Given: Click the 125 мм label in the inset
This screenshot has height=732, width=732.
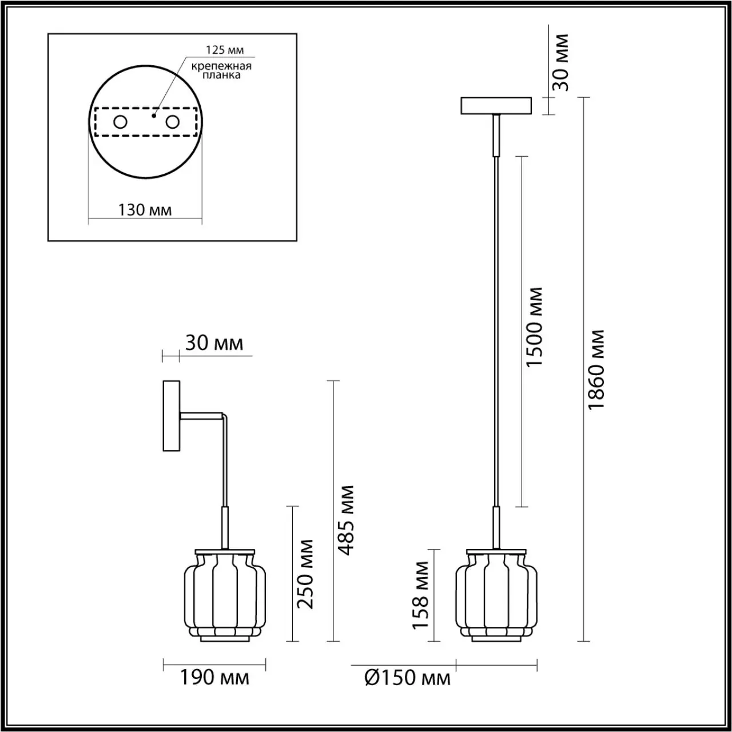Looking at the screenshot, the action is pyautogui.click(x=225, y=50).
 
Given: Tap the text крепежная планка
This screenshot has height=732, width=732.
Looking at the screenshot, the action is pyautogui.click(x=221, y=70).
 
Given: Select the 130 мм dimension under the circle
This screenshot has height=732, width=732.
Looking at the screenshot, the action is pyautogui.click(x=145, y=210).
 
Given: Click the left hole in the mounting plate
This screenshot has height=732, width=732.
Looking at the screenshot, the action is pyautogui.click(x=120, y=122).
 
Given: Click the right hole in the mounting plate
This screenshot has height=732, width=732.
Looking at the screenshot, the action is pyautogui.click(x=172, y=122).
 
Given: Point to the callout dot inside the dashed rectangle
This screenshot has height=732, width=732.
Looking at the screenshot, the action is pyautogui.click(x=154, y=115).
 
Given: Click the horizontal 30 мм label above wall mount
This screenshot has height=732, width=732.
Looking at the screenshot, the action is pyautogui.click(x=214, y=343).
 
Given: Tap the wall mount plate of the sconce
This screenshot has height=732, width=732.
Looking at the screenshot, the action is pyautogui.click(x=172, y=416).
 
